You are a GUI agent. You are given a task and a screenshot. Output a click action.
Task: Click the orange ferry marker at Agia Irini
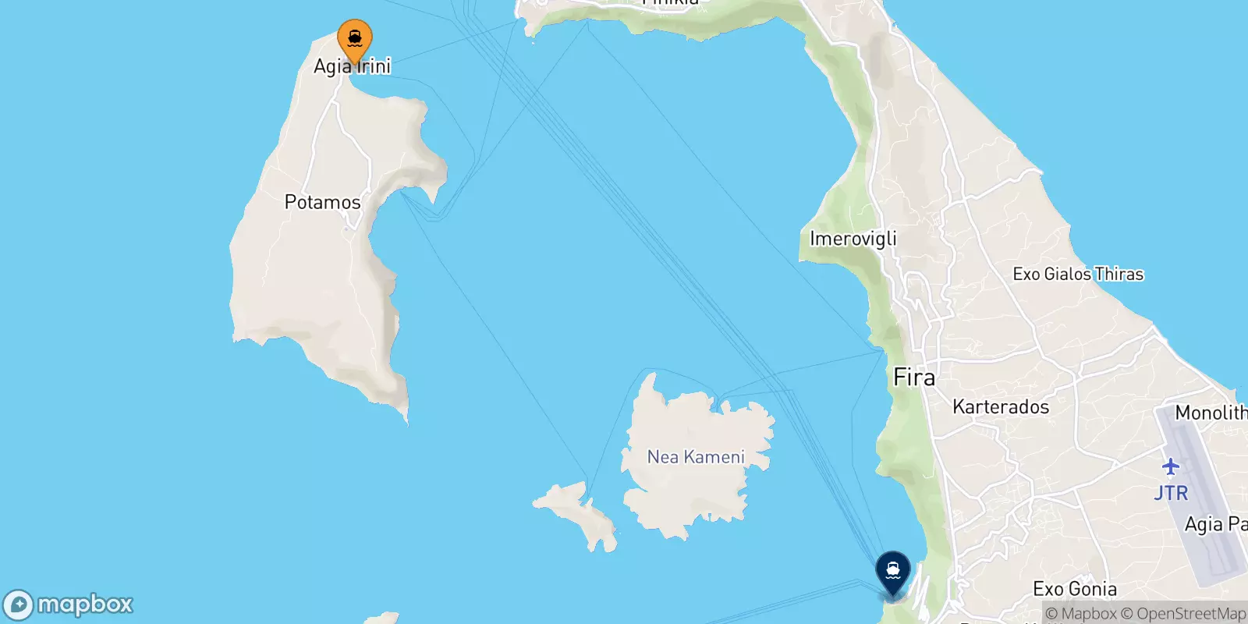point(355,38)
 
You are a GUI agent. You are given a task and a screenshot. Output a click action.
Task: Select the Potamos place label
point(322,202)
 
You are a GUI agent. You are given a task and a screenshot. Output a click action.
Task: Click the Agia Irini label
point(352,66)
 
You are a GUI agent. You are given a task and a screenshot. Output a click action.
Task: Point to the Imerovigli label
point(853,239)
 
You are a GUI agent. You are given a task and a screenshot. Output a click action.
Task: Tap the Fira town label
point(913,378)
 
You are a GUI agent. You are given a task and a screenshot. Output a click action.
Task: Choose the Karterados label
point(1001,407)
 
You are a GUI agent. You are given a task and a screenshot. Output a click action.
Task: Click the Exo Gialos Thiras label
point(1078,274)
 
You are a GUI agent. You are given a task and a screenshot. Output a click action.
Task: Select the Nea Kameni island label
point(696,457)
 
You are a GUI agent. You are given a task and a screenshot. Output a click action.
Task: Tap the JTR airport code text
point(1171,493)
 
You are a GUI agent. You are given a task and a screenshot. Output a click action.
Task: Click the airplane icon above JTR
point(1170,467)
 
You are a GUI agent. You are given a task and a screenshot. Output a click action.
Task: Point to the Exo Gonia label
point(1075,589)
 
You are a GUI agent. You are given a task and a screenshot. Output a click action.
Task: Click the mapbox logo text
point(85,604)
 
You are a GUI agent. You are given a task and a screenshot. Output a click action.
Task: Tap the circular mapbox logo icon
point(18,605)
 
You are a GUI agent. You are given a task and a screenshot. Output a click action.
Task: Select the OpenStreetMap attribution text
point(1190,614)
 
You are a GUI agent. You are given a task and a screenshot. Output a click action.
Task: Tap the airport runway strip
point(1201,499)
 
